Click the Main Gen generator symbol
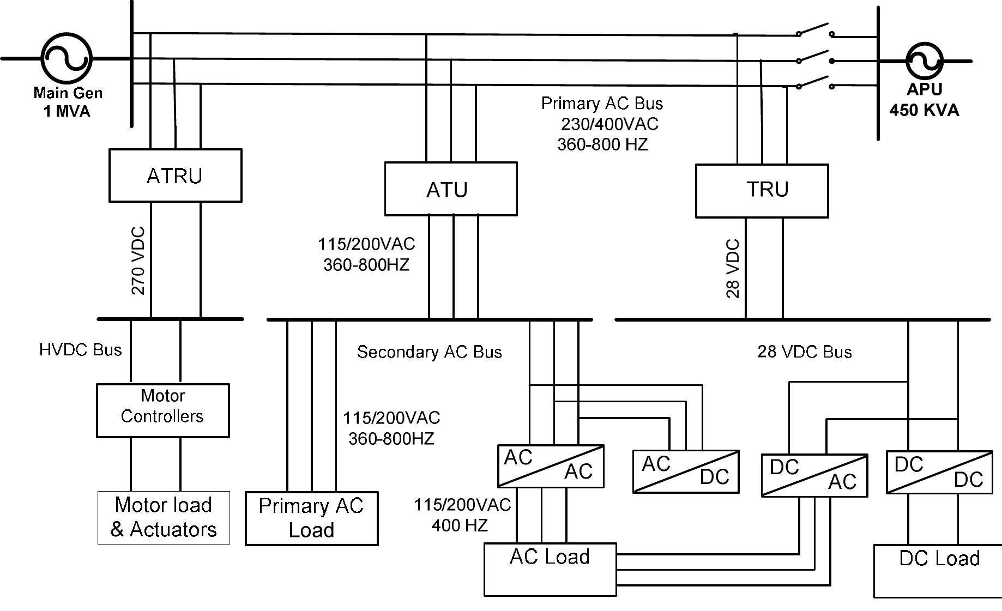tap(67, 58)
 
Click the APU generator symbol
tap(925, 61)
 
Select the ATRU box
tap(175, 176)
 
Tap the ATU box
tap(450, 189)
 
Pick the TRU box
tap(762, 191)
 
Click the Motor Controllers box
tap(162, 410)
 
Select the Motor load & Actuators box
tap(164, 518)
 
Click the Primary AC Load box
tap(311, 518)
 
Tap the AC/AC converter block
tap(551, 466)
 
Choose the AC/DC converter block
tap(686, 472)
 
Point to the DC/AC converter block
tap(814, 475)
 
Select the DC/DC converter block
tap(939, 472)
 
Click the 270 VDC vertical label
tap(138, 261)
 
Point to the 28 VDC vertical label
tap(733, 268)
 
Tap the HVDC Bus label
tap(81, 350)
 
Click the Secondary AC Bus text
tap(429, 352)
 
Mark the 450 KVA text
tap(924, 111)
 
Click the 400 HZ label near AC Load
tap(460, 525)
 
